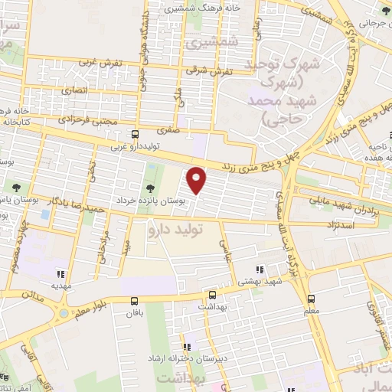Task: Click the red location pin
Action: pos(197,181)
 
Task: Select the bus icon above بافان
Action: pos(135,300)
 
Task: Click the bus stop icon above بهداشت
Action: pos(212,294)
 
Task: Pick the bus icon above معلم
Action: pos(311,299)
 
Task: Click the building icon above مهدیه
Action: pos(60,274)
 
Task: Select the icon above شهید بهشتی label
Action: pos(260,270)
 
